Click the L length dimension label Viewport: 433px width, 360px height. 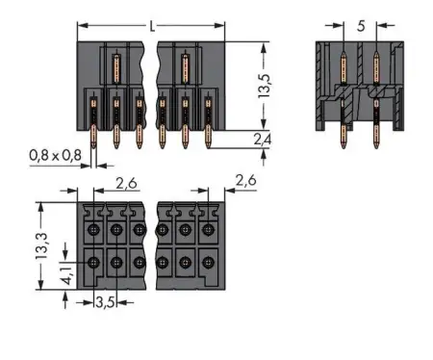(x=151, y=26)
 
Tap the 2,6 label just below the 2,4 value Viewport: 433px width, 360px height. (x=245, y=179)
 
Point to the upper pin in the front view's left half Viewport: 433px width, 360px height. (x=115, y=72)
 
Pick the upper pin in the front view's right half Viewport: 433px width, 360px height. (x=184, y=72)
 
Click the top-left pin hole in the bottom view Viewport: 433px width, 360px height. (x=93, y=229)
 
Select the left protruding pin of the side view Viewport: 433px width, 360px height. (x=342, y=135)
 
